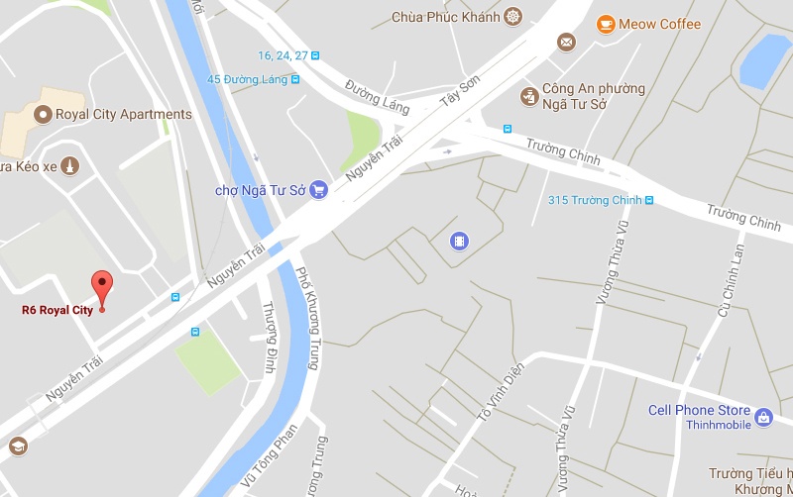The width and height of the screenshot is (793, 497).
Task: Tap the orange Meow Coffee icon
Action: point(605,24)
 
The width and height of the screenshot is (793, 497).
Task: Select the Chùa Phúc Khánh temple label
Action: point(446,16)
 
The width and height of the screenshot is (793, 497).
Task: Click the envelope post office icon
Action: point(566,42)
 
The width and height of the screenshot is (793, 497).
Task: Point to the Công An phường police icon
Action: point(529,96)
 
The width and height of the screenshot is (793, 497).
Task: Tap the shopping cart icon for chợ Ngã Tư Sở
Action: point(318,189)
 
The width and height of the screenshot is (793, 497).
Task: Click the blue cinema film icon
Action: point(459,240)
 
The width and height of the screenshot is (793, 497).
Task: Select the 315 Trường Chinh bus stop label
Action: point(595,201)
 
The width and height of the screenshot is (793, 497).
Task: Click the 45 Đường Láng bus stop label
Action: point(247,79)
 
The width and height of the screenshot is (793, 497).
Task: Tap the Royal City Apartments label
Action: point(109,115)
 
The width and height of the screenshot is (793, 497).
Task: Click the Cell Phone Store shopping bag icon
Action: point(763,418)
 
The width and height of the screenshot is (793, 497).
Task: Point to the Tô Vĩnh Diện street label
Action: point(499,389)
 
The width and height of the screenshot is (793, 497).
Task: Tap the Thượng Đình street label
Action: point(268,342)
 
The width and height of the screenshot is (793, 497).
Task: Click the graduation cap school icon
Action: point(17,446)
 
